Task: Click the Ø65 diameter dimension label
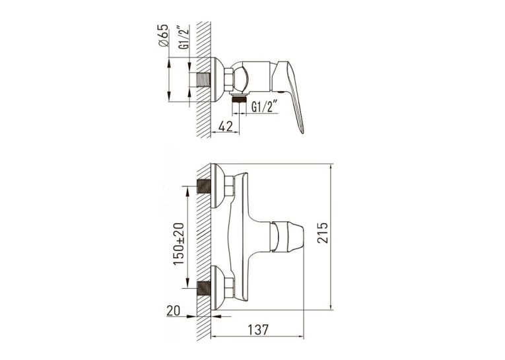pos(164,36)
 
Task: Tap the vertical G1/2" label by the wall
pos(184,37)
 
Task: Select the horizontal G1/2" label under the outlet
pos(265,106)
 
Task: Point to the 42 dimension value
pos(226,126)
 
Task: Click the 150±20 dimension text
pos(179,244)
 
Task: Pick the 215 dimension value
pos(322,233)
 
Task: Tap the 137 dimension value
pos(258,330)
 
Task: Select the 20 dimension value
pos(173,310)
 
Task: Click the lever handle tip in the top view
pos(302,131)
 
